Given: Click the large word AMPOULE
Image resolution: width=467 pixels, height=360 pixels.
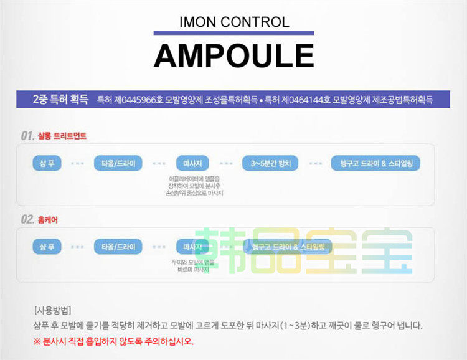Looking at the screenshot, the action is [x=233, y=55].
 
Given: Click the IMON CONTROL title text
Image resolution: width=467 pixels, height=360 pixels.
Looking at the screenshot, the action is [x=233, y=22].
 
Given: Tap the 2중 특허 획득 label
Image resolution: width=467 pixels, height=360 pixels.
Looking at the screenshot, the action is [x=60, y=100].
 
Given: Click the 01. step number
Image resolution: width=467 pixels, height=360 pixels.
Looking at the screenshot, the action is [x=27, y=135].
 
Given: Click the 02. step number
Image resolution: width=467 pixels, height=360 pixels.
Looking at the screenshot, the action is [x=27, y=219].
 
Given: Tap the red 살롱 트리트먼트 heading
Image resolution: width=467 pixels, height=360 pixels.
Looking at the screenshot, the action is [x=62, y=136].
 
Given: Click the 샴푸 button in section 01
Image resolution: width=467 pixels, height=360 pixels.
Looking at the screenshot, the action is [x=47, y=164].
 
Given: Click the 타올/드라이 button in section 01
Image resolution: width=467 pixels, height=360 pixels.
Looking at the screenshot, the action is [x=118, y=164].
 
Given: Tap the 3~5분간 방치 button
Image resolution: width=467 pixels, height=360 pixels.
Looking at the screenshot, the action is [x=271, y=164].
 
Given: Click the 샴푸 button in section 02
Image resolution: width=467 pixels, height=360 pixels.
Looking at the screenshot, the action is [x=47, y=247].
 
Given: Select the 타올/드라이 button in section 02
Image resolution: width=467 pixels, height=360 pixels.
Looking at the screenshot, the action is [x=118, y=247].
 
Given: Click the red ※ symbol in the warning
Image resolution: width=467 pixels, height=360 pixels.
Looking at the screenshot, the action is [x=37, y=341].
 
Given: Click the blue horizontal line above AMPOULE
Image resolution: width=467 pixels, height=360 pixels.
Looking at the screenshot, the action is [x=233, y=33].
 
